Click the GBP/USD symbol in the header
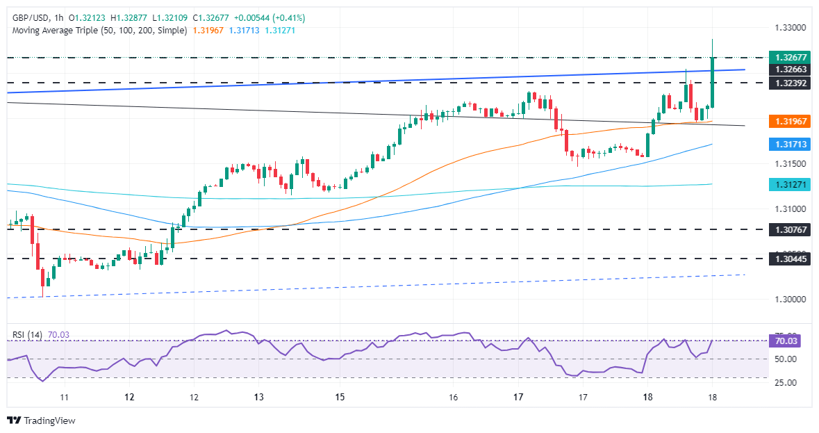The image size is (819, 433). (32, 17)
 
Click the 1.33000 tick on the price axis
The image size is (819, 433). (789, 28)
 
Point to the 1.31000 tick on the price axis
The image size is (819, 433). (789, 209)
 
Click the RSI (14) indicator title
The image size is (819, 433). (28, 334)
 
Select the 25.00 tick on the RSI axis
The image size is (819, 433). (786, 383)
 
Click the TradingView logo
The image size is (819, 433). (41, 420)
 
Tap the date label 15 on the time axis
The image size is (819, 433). (340, 397)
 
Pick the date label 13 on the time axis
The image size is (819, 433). (258, 397)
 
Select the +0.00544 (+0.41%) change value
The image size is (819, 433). (267, 17)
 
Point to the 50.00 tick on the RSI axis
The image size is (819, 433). (786, 359)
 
